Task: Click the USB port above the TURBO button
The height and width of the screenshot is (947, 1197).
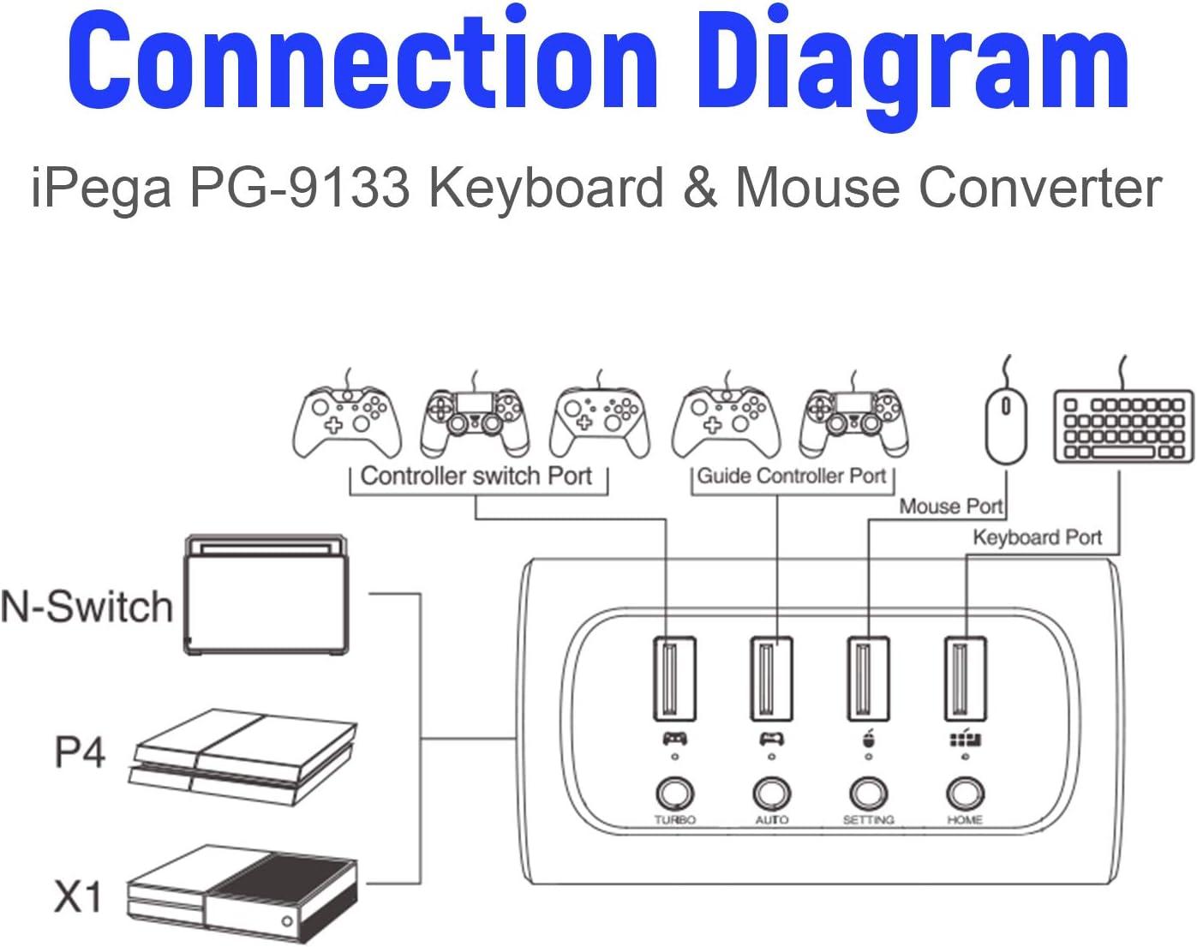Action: [x=674, y=679]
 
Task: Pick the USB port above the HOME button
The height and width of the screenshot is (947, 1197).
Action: [x=965, y=679]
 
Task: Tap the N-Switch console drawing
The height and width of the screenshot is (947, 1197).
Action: [x=267, y=596]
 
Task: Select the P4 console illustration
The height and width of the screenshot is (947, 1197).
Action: [x=245, y=756]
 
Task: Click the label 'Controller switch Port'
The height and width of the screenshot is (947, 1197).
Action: [x=476, y=476]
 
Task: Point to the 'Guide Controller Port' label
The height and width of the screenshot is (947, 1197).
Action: [x=792, y=476]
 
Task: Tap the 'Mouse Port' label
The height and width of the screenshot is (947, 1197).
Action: [x=950, y=506]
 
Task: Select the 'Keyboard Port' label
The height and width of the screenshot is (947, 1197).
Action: [x=1037, y=537]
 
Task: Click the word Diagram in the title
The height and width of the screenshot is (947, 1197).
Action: [x=913, y=62]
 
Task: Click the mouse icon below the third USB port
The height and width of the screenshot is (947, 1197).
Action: [x=868, y=739]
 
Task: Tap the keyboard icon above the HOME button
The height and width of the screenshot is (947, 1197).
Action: [x=966, y=739]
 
